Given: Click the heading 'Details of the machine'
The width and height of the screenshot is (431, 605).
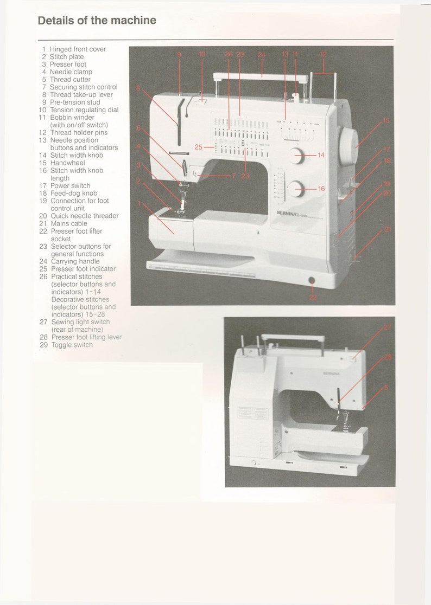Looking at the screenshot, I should [97, 21].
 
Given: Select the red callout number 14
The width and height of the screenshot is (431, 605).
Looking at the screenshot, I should [321, 155].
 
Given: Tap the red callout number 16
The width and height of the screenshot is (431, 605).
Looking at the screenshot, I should [321, 189].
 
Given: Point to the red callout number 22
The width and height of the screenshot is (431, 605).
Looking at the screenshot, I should [312, 297].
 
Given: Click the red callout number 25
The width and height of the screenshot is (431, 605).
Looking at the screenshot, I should [199, 147].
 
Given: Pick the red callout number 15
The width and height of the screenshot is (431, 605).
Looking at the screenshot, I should [386, 120].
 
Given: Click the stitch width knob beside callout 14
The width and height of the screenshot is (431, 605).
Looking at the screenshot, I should [296, 155].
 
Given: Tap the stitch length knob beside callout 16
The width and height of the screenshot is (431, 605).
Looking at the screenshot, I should [296, 189].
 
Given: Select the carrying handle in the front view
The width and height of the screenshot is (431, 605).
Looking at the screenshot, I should [261, 76].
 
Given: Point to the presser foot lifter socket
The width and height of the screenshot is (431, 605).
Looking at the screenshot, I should [312, 280].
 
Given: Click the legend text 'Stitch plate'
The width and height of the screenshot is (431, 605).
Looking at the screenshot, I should [67, 56].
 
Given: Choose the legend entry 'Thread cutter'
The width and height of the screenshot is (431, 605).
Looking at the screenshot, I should [70, 79].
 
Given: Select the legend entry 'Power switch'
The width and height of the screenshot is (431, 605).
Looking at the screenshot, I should [71, 185].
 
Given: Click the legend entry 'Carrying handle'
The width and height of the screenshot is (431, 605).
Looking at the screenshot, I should [75, 261].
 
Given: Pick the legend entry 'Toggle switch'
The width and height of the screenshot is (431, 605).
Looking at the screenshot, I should [72, 345].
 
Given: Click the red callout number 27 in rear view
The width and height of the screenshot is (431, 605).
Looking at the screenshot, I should [387, 327].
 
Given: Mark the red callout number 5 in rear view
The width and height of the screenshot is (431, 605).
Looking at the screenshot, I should [386, 387].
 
